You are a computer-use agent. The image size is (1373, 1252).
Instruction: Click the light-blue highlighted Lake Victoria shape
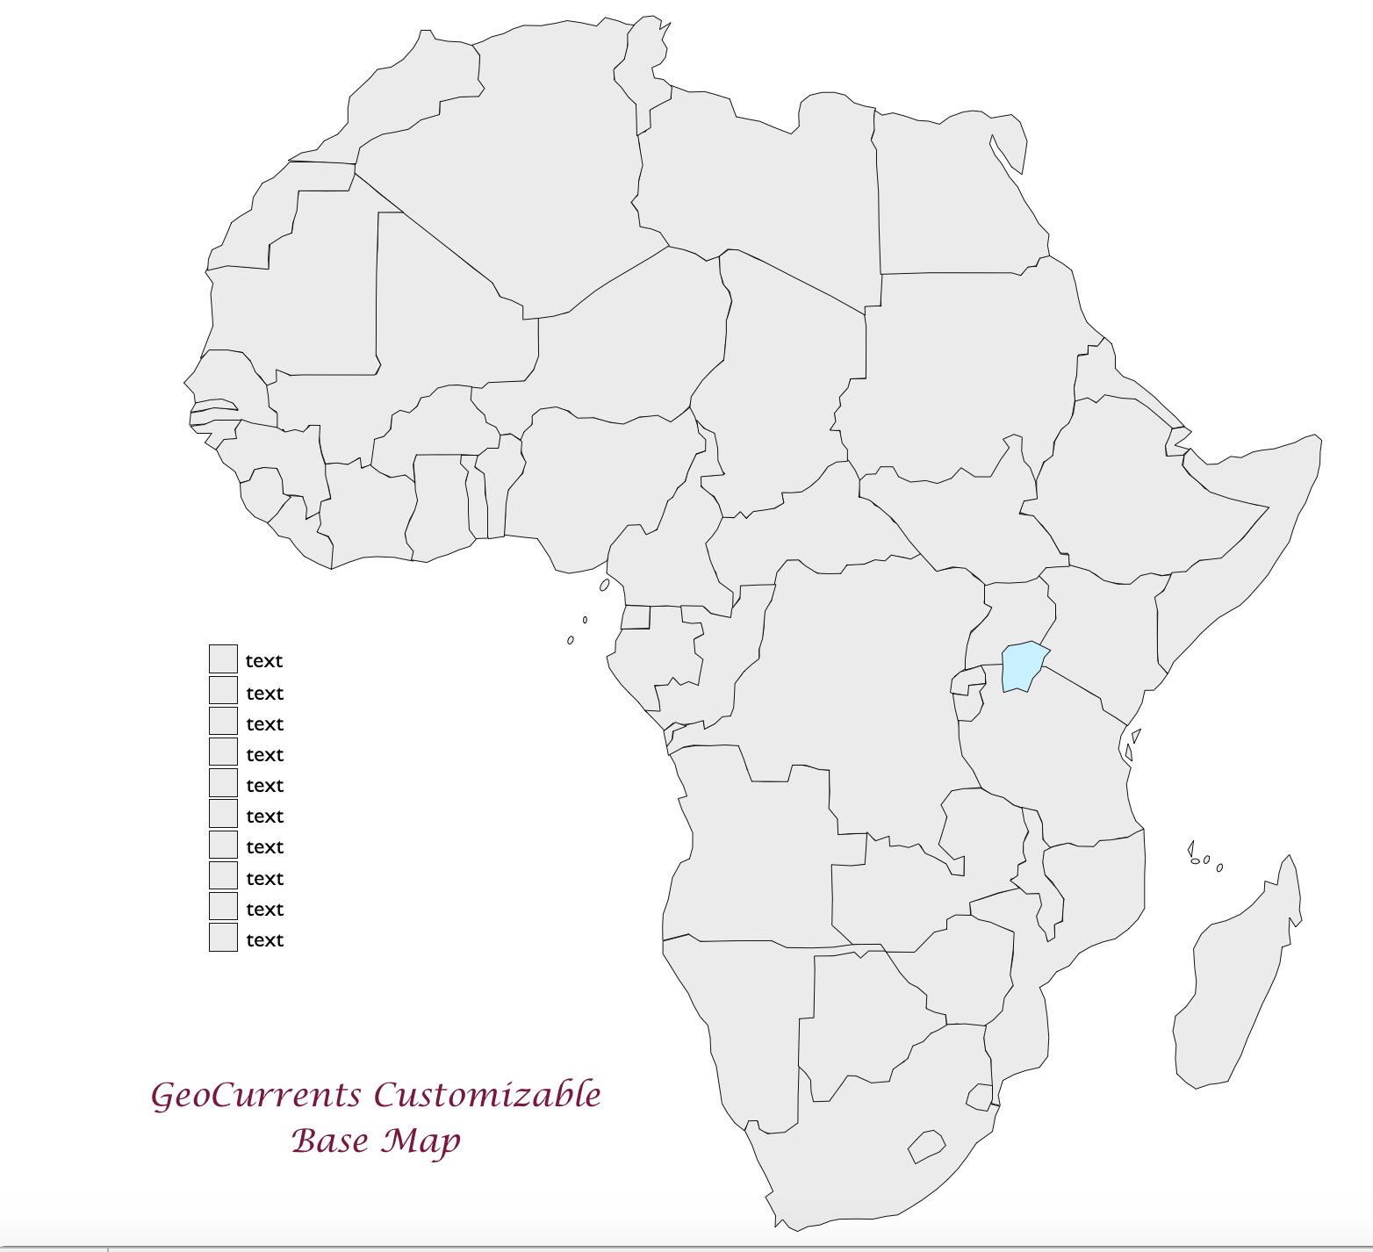1023,666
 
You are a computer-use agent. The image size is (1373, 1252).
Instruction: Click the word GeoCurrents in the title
255,1096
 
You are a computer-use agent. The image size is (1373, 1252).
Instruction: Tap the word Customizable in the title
487,1095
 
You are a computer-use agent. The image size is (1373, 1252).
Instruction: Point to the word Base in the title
329,1140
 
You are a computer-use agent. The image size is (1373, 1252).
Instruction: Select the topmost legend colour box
223,658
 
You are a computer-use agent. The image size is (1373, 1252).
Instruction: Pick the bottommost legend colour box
223,937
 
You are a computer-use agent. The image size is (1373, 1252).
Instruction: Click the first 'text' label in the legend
264,661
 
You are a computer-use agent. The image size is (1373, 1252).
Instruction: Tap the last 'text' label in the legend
264,940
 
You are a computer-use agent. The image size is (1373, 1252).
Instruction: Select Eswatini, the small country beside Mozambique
980,1097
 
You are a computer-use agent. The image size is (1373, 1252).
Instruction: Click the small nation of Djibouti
1176,443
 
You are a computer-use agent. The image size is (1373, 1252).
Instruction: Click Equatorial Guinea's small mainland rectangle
636,617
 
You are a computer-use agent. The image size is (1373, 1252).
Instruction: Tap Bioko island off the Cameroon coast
604,585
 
